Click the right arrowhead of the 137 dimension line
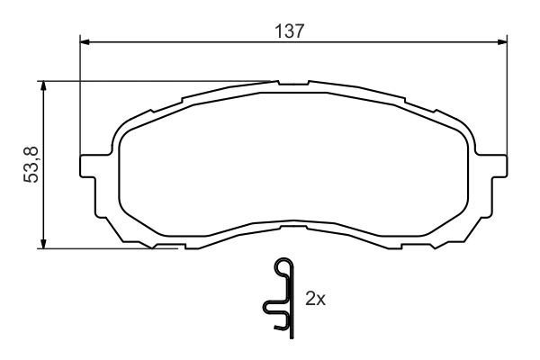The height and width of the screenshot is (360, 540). click(x=498, y=40)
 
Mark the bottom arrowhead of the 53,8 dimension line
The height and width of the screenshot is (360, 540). click(x=42, y=243)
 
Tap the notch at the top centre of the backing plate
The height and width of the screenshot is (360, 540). click(x=292, y=85)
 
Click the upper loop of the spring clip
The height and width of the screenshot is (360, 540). click(x=283, y=268)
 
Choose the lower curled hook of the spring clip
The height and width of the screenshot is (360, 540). click(x=270, y=310)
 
